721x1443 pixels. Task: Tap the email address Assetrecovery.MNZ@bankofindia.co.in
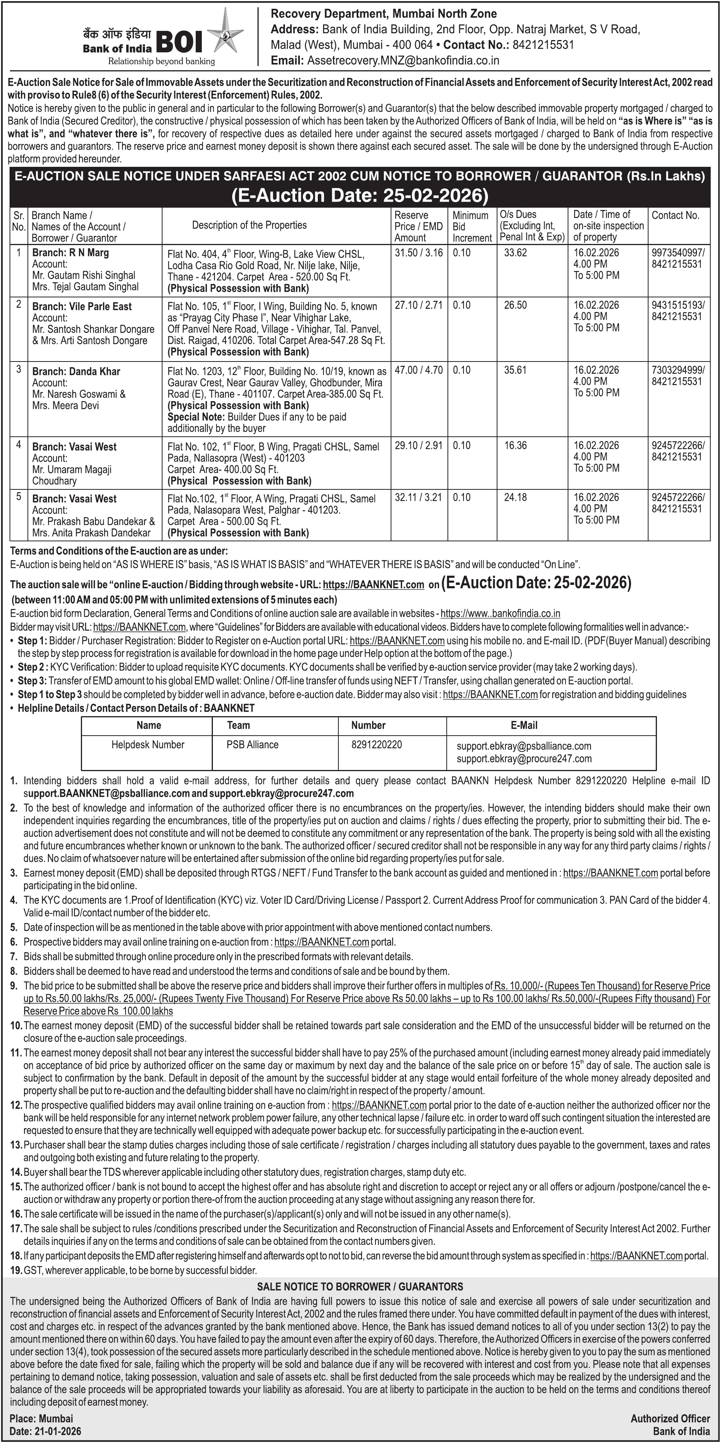402,60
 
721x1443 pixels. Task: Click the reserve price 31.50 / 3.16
418,253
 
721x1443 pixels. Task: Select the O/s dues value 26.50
515,305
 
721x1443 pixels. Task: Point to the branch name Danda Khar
95,371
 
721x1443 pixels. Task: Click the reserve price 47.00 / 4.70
418,370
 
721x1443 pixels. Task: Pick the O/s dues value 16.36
515,445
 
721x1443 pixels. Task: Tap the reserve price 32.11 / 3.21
418,497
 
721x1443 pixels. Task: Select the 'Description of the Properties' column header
249,225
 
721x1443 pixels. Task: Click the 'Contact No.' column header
675,215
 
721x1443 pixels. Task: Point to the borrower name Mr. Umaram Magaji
72,470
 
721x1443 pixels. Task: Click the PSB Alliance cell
253,744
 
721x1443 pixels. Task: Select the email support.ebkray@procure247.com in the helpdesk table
524,759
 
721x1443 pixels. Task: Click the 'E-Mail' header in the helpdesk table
524,725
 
